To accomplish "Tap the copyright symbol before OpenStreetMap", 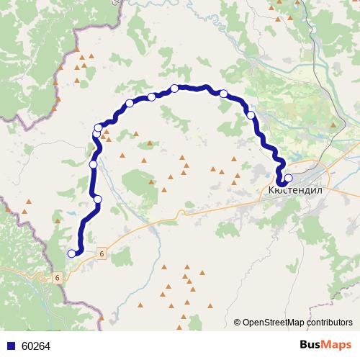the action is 238,322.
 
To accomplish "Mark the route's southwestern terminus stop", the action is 71,253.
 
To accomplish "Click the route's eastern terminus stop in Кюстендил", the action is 288,178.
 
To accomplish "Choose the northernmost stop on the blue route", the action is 175,89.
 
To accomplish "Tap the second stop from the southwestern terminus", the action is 98,199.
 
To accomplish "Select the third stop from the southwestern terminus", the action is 93,165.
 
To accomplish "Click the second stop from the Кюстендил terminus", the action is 251,115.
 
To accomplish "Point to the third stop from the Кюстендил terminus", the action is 224,94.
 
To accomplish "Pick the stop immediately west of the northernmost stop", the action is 152,96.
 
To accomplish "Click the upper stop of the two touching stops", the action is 99,127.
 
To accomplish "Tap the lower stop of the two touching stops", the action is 96,134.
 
